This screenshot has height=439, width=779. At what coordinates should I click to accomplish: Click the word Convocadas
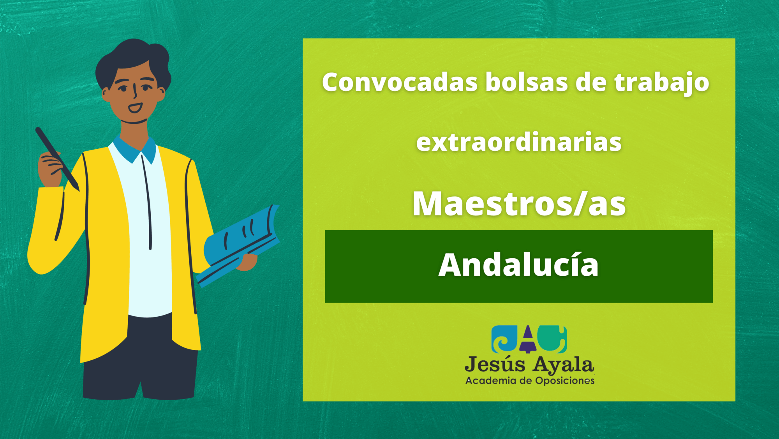pos(400,82)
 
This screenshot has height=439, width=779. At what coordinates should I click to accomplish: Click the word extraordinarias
pos(519,142)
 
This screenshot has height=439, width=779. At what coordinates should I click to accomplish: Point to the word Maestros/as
pos(519,203)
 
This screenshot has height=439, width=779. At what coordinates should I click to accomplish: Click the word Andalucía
pos(518,264)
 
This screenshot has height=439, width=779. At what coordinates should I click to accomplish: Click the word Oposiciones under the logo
pos(565,381)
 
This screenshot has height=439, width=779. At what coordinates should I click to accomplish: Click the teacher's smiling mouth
pos(135,108)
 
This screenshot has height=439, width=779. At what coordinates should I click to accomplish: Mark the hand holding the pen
pos(50,167)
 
